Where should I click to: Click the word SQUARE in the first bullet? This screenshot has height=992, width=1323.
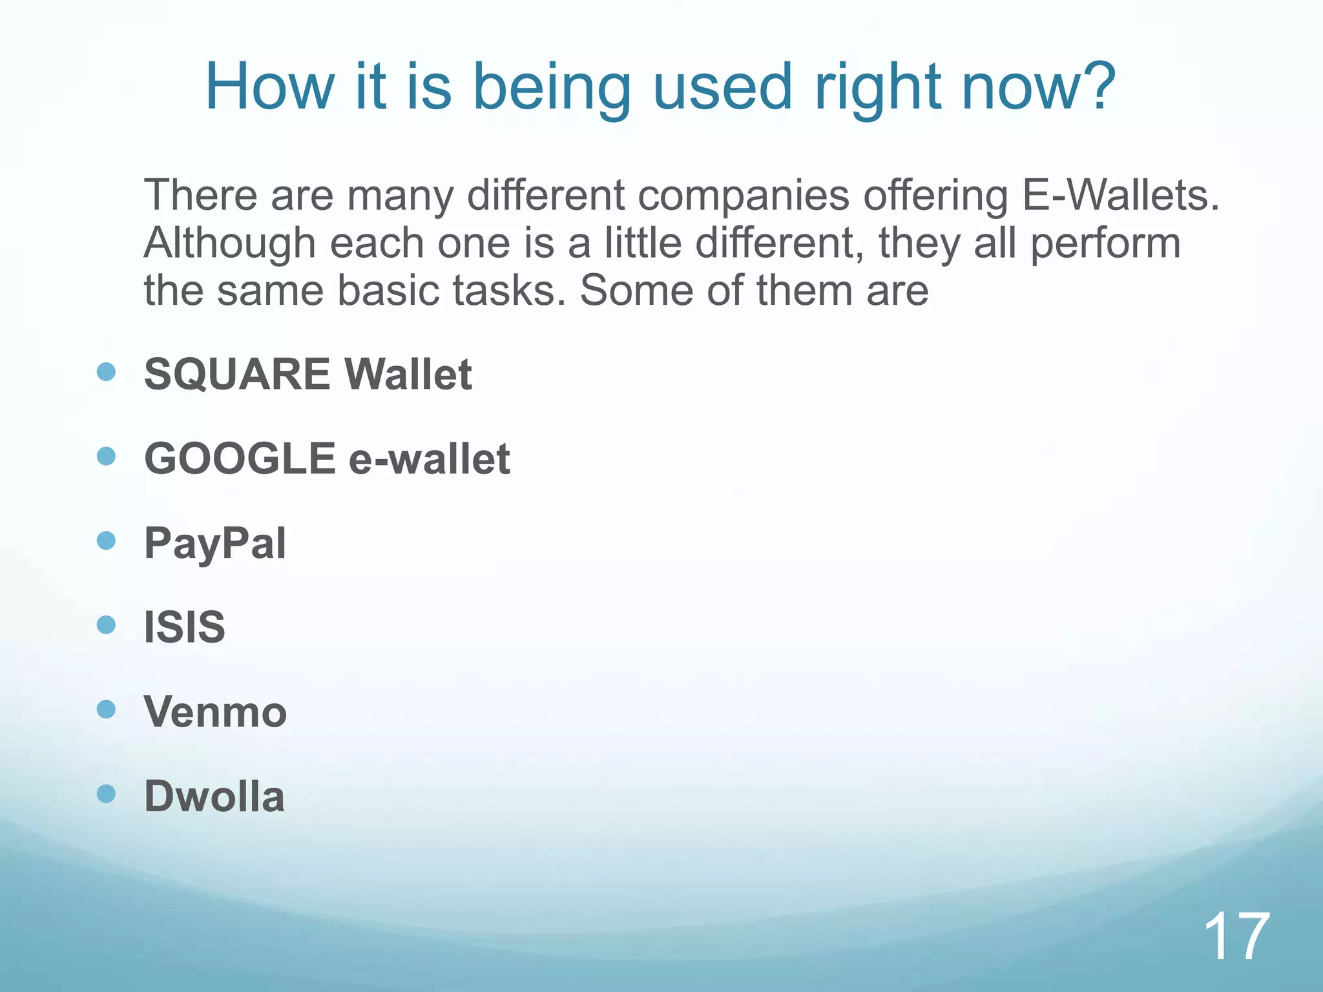click(x=237, y=375)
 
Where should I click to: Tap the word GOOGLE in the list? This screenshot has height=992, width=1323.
click(x=240, y=459)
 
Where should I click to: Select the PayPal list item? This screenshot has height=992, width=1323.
click(x=215, y=544)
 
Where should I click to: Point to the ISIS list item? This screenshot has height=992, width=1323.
click(x=185, y=627)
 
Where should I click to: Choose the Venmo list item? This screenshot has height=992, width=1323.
click(x=215, y=712)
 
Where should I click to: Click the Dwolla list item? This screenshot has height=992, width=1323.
click(x=214, y=796)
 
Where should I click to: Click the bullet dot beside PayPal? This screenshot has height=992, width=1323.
click(x=106, y=541)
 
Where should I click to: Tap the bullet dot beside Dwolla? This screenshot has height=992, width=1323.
click(x=106, y=793)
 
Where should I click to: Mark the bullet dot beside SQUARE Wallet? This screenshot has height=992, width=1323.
click(x=106, y=371)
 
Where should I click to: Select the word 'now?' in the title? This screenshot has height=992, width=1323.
click(x=1039, y=87)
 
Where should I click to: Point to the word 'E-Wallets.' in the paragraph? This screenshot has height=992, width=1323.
click(x=1121, y=195)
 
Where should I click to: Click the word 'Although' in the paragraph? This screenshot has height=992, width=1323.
click(x=230, y=244)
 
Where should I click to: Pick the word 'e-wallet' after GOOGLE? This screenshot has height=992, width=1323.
click(x=430, y=459)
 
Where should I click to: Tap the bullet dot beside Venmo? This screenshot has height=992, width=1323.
click(x=106, y=709)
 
